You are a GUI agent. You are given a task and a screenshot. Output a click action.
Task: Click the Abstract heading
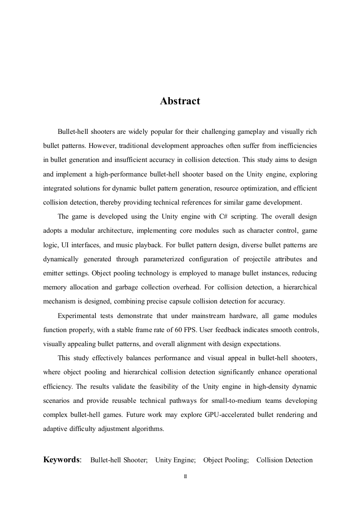click(180, 101)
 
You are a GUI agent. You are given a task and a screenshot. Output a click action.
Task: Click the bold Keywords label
click(61, 460)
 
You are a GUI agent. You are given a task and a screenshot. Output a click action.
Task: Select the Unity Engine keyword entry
click(175, 460)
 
